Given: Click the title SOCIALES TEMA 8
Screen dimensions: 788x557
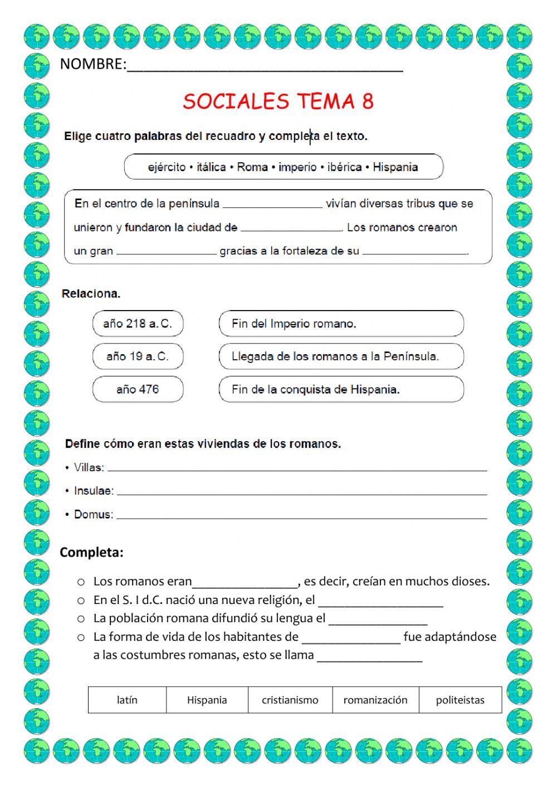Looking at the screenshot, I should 278,101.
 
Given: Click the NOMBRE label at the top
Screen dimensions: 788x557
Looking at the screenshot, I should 92,64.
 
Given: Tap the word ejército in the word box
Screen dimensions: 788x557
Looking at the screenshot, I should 167,167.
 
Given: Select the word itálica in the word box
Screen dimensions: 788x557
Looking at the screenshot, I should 211,167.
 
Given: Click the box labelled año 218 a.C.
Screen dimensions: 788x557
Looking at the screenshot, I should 138,323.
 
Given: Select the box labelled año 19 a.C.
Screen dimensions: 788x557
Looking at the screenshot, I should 138,356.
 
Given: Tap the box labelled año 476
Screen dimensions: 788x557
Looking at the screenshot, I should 138,389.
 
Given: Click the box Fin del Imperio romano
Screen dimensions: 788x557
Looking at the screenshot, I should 341,323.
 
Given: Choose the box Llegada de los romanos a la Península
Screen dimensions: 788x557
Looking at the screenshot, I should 341,356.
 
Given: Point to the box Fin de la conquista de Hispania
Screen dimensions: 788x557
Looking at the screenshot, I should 341,389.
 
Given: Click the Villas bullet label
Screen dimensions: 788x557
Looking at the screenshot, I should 89,467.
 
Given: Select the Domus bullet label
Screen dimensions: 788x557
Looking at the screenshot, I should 93,514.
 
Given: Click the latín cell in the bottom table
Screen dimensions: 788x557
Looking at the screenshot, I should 127,700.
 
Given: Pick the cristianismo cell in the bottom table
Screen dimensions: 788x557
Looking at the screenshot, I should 290,700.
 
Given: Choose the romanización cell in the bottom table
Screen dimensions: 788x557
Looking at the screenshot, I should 375,700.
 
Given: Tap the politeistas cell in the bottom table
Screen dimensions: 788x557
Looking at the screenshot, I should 460,700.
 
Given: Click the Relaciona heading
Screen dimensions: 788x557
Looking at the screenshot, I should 91,293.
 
